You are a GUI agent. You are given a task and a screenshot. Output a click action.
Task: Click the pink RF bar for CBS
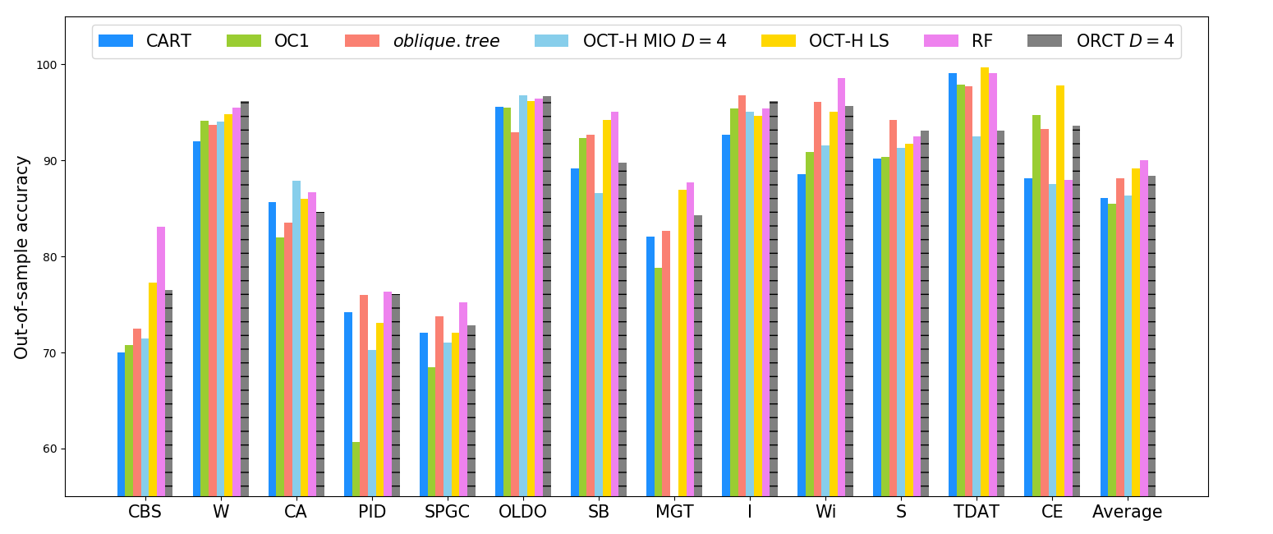point(161,361)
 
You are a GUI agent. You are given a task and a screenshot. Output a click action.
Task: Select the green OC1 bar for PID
point(356,469)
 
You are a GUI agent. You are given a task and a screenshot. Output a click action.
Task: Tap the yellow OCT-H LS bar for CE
point(1060,291)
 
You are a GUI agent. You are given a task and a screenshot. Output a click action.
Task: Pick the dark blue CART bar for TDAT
point(953,285)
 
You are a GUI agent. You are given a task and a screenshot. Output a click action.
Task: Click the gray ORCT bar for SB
point(623,329)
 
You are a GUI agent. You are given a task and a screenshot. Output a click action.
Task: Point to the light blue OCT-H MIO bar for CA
point(296,339)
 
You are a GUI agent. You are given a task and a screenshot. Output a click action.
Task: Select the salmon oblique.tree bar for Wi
point(817,299)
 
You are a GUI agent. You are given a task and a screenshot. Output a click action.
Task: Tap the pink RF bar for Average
point(1144,329)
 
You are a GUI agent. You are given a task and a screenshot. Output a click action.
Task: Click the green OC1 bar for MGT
point(658,382)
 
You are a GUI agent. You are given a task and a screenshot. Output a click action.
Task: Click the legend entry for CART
point(145,41)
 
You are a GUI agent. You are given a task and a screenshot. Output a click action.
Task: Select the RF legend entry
point(958,41)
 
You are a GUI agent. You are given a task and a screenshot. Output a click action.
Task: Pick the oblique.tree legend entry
point(422,41)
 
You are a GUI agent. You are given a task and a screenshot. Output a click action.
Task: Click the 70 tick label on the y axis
point(50,353)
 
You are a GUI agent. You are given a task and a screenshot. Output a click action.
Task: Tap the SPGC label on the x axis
point(448,512)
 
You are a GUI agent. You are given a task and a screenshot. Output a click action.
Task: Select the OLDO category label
point(522,512)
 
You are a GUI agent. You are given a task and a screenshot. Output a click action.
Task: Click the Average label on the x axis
point(1127,512)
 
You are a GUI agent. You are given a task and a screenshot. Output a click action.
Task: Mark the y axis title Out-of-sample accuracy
point(21,258)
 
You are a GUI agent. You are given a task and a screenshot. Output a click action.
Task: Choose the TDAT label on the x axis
point(976,512)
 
